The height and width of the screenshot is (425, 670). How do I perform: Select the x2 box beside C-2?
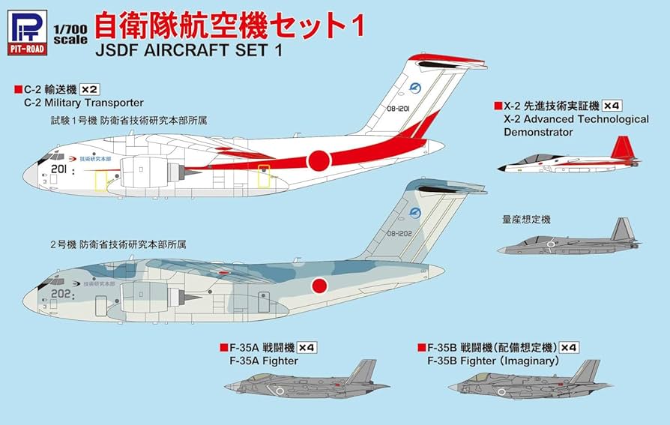pos(90,89)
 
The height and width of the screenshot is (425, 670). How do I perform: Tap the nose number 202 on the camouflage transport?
pos(61,295)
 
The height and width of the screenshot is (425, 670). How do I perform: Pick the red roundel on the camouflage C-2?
pos(319,286)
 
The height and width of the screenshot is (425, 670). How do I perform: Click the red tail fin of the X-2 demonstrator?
pos(621,148)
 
